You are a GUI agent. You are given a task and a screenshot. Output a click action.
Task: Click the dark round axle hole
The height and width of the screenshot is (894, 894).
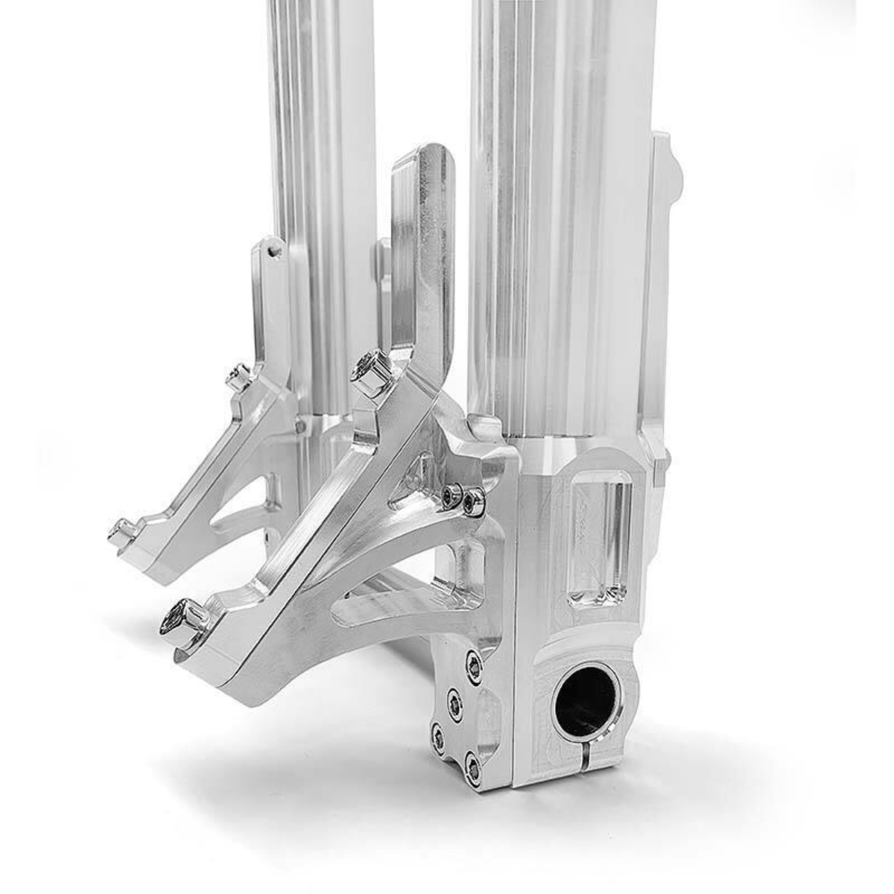[x=585, y=700]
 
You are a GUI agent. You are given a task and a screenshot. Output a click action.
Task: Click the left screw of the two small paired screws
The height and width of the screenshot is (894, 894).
[x=451, y=497]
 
